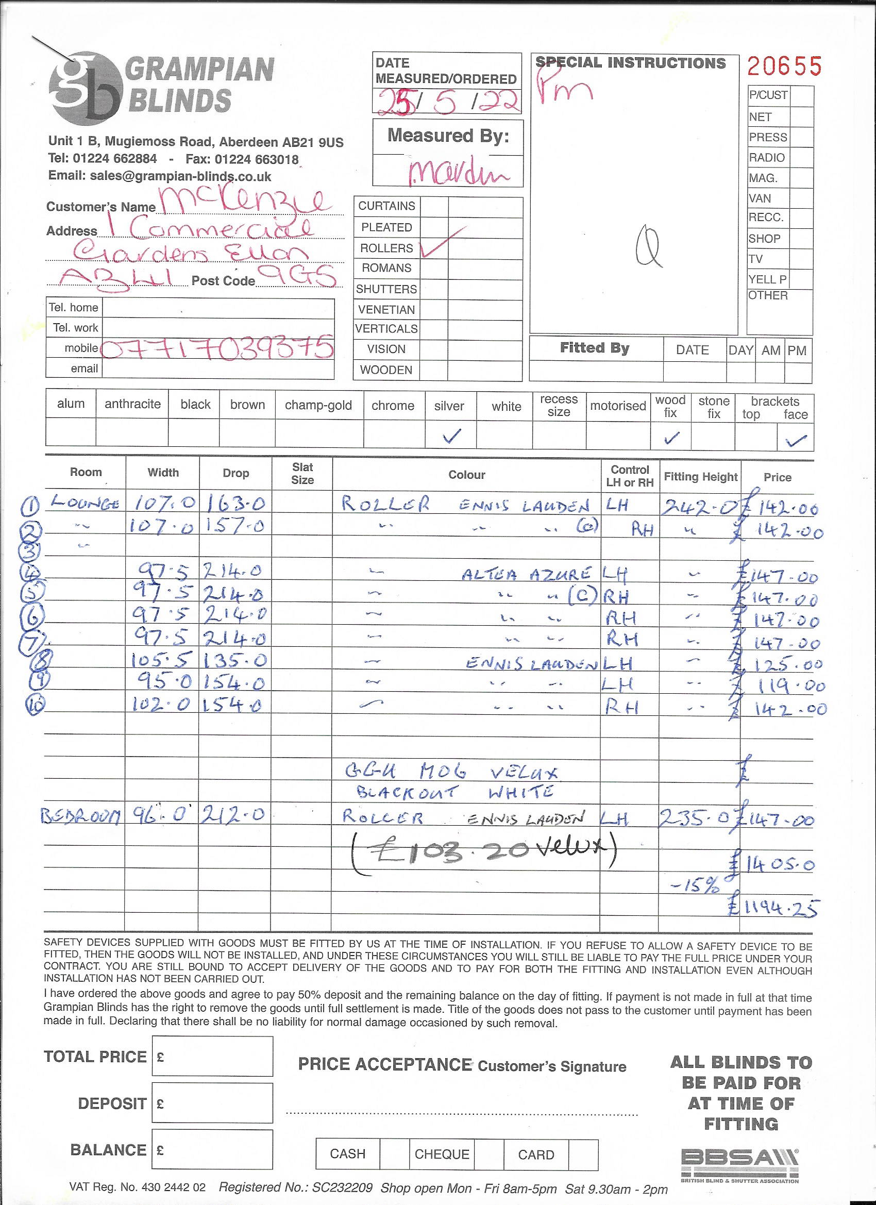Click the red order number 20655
pyautogui.click(x=784, y=66)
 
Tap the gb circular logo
pyautogui.click(x=85, y=88)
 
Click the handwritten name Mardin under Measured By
pyautogui.click(x=458, y=172)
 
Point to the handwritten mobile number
pyautogui.click(x=217, y=349)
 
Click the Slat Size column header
pyautogui.click(x=302, y=473)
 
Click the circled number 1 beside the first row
pyautogui.click(x=30, y=506)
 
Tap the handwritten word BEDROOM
pyautogui.click(x=81, y=815)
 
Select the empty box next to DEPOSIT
pyautogui.click(x=212, y=1103)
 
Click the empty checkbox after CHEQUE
pyautogui.click(x=488, y=1154)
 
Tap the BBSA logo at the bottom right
pyautogui.click(x=739, y=1165)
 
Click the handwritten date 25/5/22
pyautogui.click(x=446, y=102)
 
